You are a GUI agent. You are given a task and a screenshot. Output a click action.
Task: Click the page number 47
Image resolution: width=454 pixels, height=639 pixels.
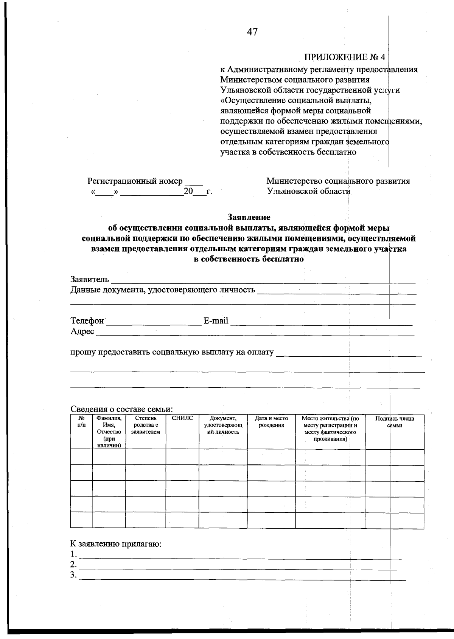coord(252,32)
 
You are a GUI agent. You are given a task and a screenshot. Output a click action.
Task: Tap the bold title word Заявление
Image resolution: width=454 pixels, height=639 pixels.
coord(249,217)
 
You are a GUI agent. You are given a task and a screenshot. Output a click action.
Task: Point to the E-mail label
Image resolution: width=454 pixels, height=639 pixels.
coord(216,321)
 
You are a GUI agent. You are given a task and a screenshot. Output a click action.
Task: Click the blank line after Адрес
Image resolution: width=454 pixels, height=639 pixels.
coord(255,333)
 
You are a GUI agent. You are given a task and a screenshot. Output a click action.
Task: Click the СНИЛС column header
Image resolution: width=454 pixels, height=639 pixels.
coord(182,418)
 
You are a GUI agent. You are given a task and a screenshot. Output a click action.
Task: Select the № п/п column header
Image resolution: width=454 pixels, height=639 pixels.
coord(81,421)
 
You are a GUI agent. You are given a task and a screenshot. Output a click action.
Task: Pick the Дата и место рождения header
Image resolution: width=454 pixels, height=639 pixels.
coord(271,422)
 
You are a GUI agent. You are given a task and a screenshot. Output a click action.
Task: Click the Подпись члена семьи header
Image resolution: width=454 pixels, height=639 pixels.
coord(394,422)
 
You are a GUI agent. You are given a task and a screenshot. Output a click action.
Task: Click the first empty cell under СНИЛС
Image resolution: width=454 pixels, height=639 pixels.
coord(182,457)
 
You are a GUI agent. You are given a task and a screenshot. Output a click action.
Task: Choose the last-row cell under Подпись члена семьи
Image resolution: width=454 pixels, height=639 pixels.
coord(394,520)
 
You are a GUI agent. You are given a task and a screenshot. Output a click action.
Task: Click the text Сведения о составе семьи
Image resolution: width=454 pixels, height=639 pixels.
coord(121,409)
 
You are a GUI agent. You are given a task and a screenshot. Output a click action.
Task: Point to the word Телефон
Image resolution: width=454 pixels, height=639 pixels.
coord(87,321)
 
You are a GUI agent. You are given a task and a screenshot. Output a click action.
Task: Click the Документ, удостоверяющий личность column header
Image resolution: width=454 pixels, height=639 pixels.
coord(223,425)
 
